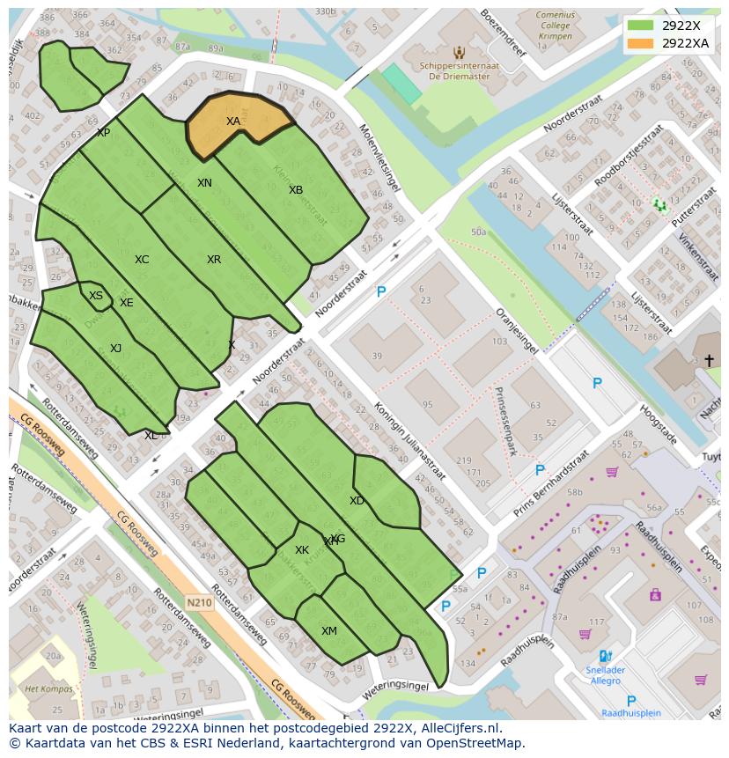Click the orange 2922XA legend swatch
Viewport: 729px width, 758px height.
[641, 43]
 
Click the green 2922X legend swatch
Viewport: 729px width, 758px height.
[641, 25]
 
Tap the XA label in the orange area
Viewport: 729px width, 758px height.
[233, 121]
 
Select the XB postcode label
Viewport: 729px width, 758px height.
[296, 190]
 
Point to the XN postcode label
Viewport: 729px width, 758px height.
[204, 183]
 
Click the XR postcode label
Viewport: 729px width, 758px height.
[214, 260]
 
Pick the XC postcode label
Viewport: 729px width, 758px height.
[142, 260]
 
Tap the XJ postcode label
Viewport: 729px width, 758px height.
[116, 349]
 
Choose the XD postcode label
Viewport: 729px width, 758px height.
[357, 501]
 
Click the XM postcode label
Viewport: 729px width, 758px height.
[329, 631]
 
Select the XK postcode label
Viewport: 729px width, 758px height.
[302, 550]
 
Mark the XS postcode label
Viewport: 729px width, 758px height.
[96, 296]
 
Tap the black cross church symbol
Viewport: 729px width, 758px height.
[709, 360]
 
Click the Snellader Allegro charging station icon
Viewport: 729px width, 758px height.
[604, 656]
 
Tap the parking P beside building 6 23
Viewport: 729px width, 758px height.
[381, 292]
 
